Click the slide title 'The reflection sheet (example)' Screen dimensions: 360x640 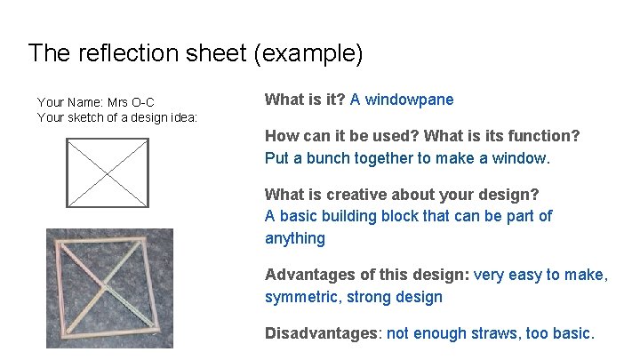tap(196, 53)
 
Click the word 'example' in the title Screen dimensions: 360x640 tap(310, 53)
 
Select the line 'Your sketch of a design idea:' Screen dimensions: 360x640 tap(117, 117)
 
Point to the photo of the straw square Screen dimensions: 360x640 tap(110, 288)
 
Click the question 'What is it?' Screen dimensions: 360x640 tap(305, 100)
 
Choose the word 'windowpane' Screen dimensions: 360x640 tap(409, 100)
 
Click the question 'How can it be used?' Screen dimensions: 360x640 tap(341, 136)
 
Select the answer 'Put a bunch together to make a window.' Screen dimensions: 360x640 tap(407, 159)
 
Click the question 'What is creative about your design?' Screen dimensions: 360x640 tap(402, 194)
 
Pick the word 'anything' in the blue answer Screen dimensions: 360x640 tap(295, 238)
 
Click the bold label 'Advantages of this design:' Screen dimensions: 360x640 tap(367, 275)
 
